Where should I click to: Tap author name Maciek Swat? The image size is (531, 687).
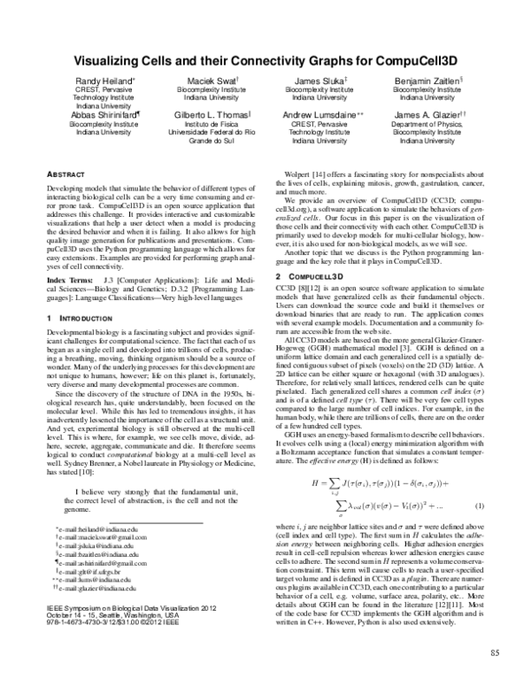point(210,81)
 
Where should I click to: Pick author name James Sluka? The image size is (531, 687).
point(318,81)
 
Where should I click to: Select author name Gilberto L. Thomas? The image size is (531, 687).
point(211,115)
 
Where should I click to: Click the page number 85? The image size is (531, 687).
point(494,653)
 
